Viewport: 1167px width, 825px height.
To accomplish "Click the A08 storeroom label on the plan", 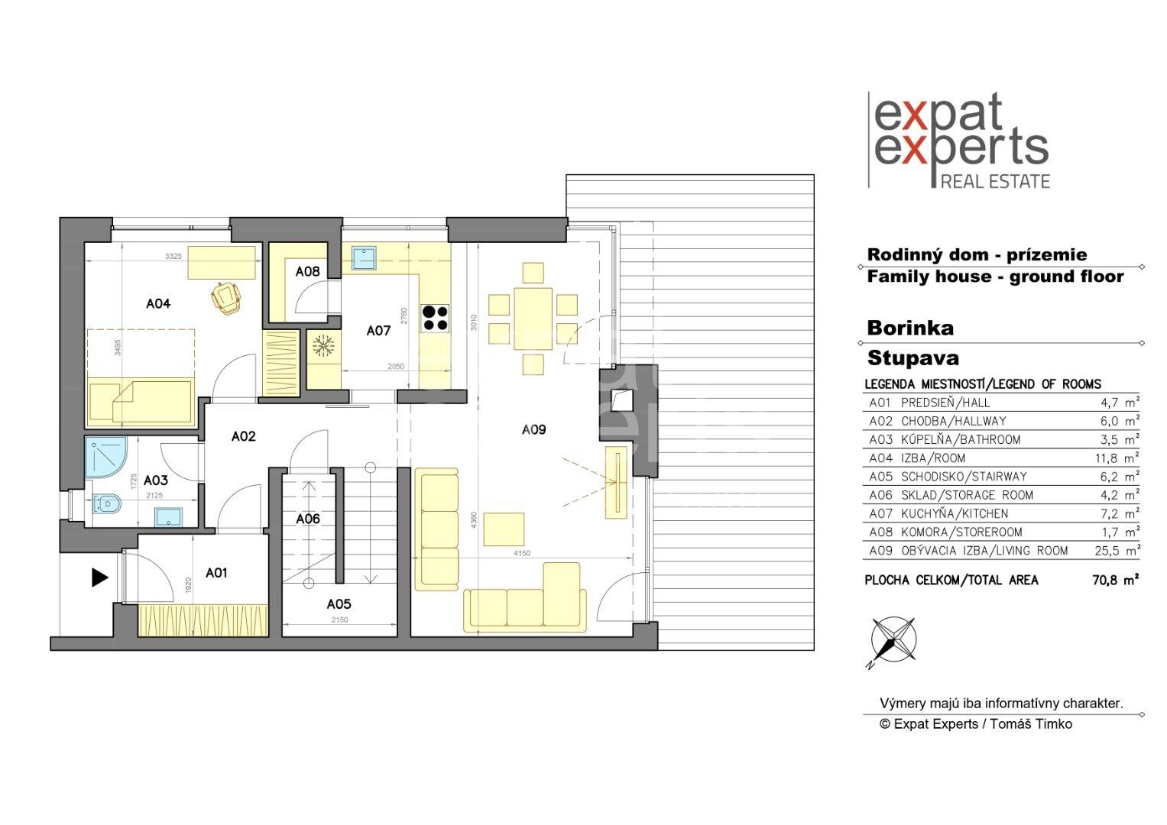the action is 307,271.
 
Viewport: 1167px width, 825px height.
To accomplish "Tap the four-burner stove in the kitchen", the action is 435,319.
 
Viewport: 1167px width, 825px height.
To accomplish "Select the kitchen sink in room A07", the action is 364,258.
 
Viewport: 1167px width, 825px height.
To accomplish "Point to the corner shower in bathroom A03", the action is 105,458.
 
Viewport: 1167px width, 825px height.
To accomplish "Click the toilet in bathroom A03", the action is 106,503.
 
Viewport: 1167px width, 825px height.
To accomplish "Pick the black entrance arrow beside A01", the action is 100,577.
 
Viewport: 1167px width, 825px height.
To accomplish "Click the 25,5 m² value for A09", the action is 1117,551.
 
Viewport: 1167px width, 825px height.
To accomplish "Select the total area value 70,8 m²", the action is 1115,581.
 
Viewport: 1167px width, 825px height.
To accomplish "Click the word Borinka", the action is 910,328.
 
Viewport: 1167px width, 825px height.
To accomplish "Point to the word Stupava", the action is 913,357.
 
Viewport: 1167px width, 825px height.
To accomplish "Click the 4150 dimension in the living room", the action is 521,554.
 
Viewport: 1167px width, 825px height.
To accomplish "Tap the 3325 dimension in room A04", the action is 173,256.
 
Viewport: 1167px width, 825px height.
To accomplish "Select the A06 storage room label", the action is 308,519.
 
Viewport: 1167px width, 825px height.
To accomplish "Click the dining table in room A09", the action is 533,319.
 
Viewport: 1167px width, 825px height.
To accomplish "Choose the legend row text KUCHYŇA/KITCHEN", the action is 955,513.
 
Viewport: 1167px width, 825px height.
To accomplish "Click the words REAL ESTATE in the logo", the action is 995,181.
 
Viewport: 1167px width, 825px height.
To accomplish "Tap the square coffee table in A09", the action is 504,529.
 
